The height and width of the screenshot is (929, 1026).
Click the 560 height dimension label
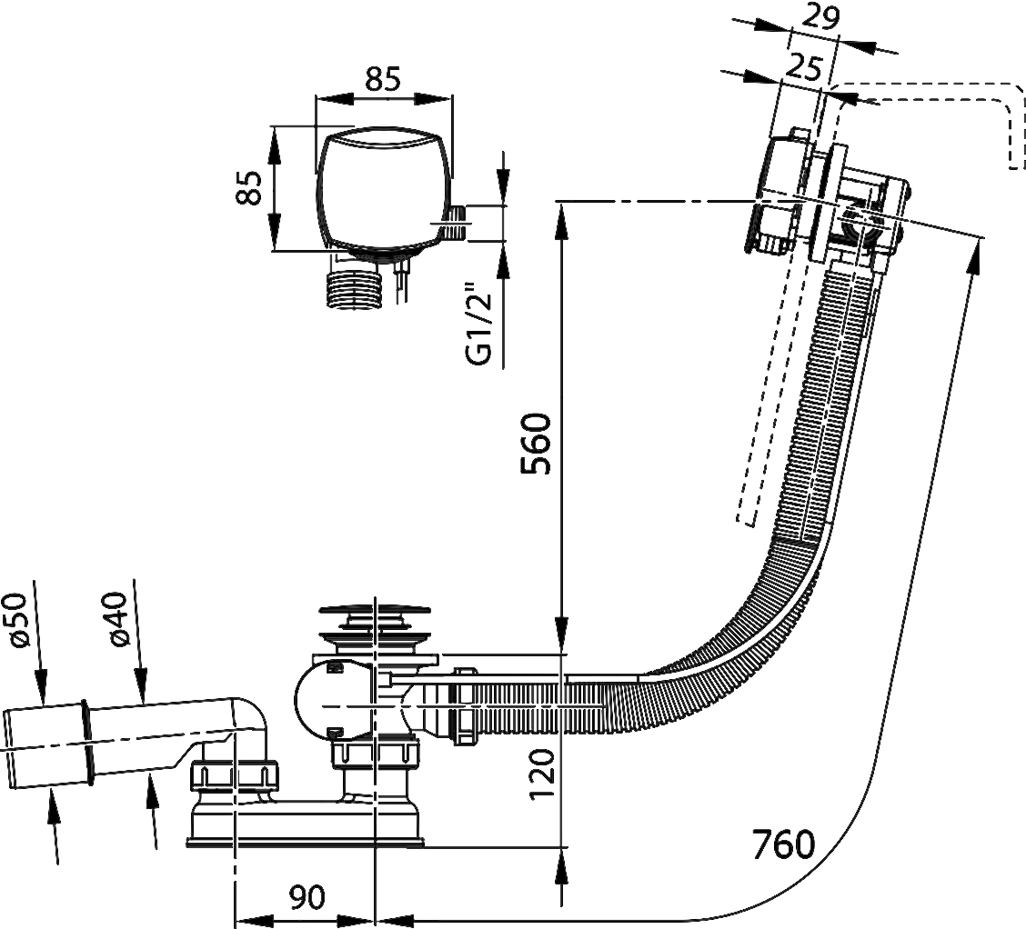(538, 443)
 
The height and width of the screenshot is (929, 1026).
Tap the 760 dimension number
(783, 844)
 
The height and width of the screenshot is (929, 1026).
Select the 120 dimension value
(542, 774)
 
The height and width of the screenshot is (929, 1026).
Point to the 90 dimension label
(307, 897)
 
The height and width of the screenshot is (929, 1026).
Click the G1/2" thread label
(478, 325)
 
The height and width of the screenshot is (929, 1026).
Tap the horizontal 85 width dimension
(383, 80)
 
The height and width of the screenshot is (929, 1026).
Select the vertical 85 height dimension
(249, 188)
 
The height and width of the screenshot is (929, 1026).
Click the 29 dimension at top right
(820, 17)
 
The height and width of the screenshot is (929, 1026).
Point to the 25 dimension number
(802, 67)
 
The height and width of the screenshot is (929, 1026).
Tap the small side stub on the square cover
(456, 223)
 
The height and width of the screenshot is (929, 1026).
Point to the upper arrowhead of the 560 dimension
(561, 219)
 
